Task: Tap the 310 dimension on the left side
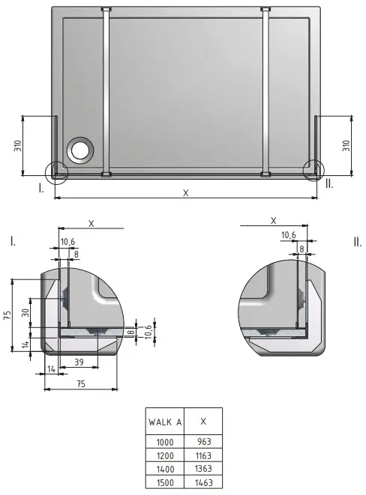(x=18, y=145)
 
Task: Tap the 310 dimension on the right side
(x=346, y=145)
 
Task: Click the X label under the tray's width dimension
(x=186, y=192)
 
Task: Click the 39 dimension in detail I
(x=79, y=362)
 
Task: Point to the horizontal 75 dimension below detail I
(x=81, y=383)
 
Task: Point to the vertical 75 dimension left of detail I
(x=7, y=315)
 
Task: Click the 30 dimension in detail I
(x=25, y=312)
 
